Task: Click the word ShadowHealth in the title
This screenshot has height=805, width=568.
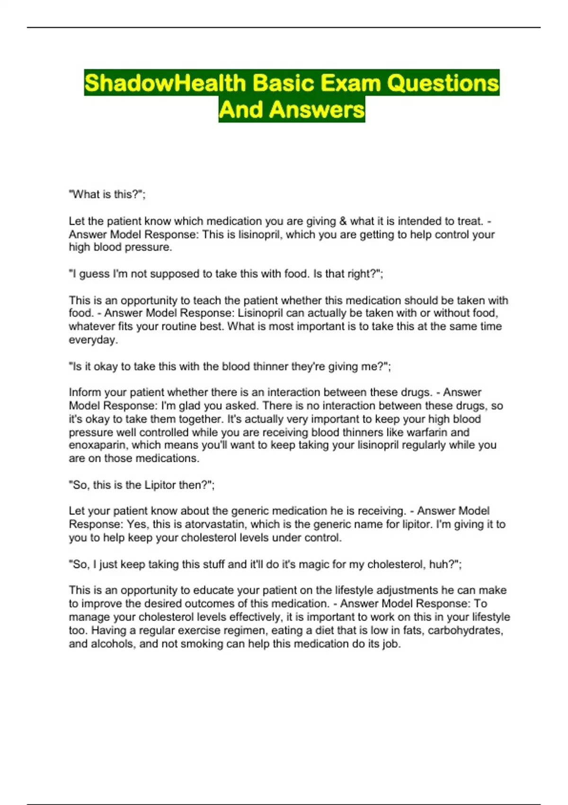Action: point(165,83)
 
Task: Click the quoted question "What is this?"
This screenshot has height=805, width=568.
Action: point(107,194)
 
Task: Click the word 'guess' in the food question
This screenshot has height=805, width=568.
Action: point(94,274)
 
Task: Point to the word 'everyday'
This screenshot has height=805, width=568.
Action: point(92,340)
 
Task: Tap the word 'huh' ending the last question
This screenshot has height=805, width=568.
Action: point(438,564)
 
